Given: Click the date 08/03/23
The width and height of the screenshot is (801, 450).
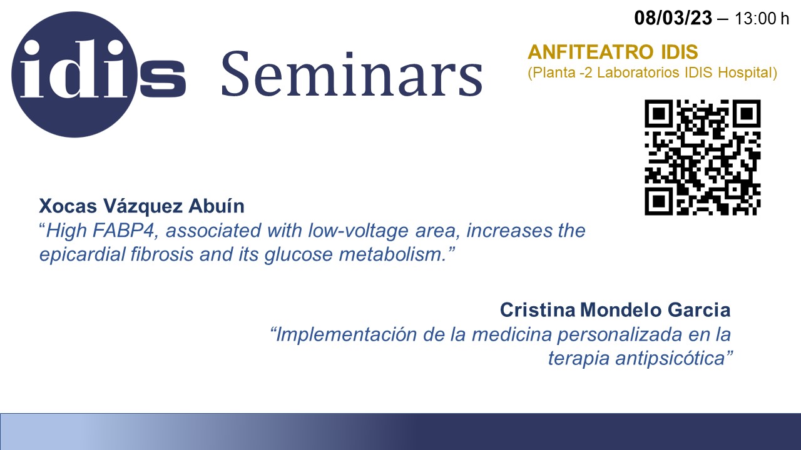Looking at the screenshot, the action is pos(673,17).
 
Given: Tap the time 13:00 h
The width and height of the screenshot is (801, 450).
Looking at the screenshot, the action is pos(762,19).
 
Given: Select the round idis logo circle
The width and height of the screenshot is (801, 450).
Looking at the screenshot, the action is pos(74,74).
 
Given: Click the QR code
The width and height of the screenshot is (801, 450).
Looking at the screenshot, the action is pos(703,157).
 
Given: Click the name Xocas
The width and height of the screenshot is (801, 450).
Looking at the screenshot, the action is pos(68,206).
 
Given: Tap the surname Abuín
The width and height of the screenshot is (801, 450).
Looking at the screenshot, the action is pos(217,206).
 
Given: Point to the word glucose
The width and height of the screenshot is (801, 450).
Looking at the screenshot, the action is pos(298,255).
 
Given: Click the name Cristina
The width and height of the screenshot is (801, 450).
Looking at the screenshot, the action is pos(538,309).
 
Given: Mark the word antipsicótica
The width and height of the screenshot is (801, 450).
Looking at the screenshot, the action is pos(670,358).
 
